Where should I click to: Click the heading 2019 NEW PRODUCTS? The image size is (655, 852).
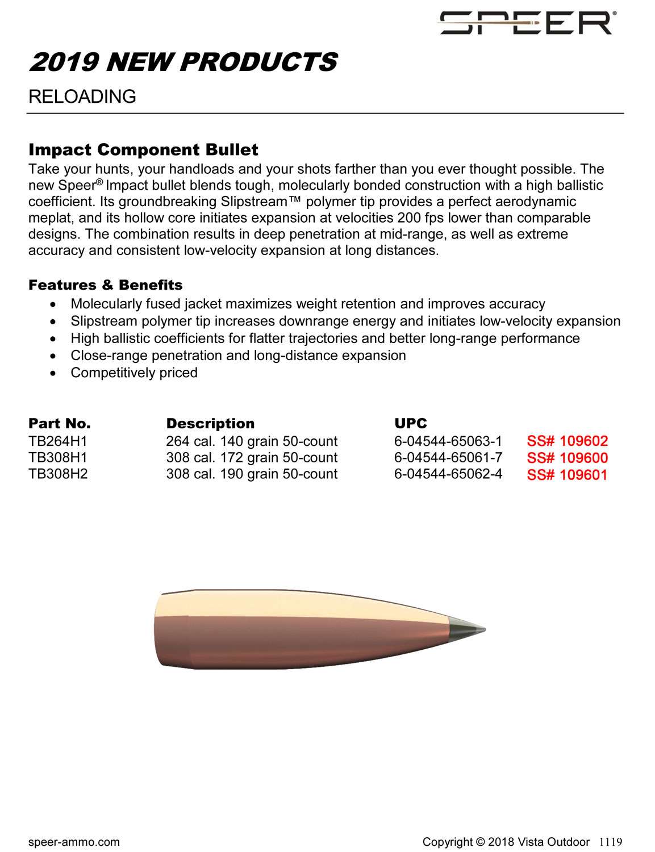[183, 62]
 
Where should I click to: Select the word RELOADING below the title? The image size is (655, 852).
[82, 97]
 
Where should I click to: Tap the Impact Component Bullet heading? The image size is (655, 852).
[143, 150]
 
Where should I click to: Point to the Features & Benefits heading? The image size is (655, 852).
[106, 285]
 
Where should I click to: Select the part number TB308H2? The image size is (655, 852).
[58, 474]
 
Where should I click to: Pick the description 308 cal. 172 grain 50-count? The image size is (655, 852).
[252, 458]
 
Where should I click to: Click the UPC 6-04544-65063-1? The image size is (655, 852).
[448, 441]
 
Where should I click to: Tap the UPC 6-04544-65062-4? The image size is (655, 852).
[448, 474]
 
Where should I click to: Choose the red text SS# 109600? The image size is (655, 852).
[567, 458]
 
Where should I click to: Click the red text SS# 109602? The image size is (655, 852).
[567, 441]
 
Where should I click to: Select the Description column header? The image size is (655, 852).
[210, 424]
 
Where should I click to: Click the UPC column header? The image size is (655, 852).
[410, 424]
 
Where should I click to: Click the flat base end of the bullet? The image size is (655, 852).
[157, 629]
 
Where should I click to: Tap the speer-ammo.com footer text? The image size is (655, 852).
[74, 842]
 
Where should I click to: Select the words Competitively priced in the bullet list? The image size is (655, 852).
[134, 373]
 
